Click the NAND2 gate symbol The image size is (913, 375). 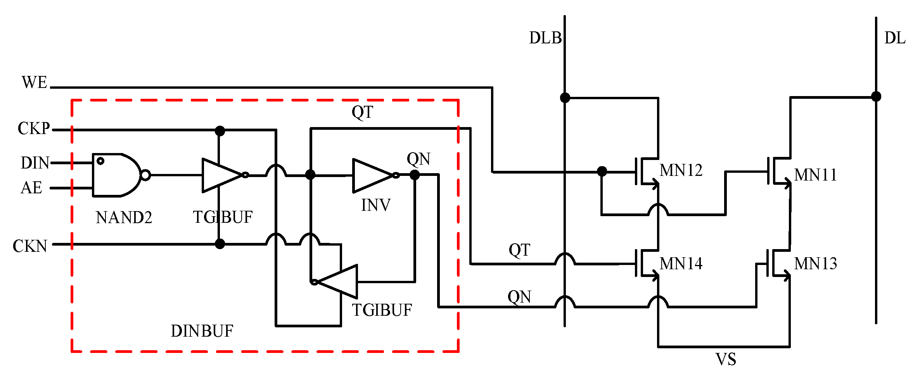coord(116,175)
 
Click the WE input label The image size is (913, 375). coord(34,83)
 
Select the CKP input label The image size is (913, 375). coord(34,129)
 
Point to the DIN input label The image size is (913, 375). coord(35,163)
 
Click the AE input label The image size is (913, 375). coord(31,188)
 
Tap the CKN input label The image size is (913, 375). coord(30,246)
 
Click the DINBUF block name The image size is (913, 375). coord(202,331)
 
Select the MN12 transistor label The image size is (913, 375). coord(681,170)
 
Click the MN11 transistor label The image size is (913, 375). coord(815,175)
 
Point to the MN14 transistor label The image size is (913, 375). coord(681,264)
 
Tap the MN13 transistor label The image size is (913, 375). coord(815,264)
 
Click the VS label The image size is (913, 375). coord(726,360)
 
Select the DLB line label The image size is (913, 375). coord(545,38)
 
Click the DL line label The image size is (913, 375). coord(894,38)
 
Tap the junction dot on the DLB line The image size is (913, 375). coord(565,98)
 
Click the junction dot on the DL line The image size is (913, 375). coord(876,96)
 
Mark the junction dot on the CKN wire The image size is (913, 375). coord(220,244)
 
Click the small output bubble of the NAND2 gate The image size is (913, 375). coord(145,175)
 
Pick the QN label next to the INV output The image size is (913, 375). coord(418,159)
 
